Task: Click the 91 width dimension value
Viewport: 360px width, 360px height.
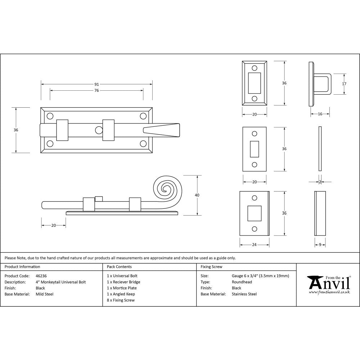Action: [96, 84]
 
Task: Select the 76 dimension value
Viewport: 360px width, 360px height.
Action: [96, 90]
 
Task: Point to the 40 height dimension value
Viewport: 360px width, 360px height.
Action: [197, 195]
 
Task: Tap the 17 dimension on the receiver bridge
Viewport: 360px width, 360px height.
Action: [344, 84]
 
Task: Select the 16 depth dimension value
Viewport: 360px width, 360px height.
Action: [320, 114]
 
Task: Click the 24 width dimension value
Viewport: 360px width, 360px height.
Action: [254, 245]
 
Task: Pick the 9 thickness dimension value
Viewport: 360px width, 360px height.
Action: [320, 245]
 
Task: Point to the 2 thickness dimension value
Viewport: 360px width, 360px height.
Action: [320, 182]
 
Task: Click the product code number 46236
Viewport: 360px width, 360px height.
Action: [41, 276]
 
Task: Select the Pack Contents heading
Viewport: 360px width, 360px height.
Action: [119, 267]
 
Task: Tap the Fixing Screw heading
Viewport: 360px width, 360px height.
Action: [211, 267]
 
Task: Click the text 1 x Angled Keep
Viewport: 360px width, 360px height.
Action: [121, 294]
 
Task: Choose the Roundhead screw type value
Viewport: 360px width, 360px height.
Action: [242, 282]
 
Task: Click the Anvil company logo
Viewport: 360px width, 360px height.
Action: [328, 284]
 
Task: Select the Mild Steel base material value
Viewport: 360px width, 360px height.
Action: [45, 294]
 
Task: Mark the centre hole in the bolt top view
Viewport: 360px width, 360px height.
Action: [98, 130]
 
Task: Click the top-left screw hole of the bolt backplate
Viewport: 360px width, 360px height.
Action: [50, 116]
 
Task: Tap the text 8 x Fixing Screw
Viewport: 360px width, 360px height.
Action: [121, 300]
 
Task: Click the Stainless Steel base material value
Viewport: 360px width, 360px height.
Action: [244, 294]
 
